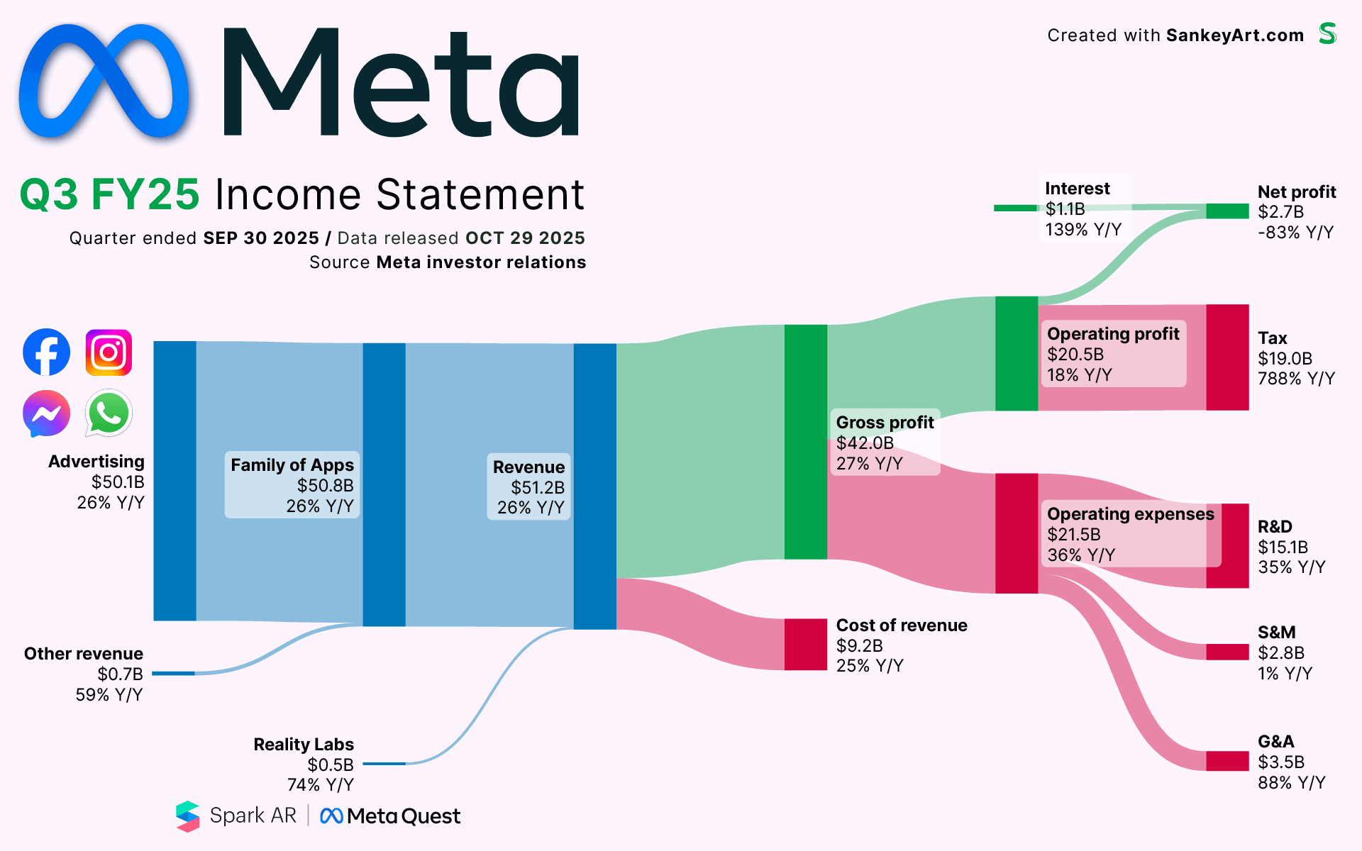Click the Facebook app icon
(x=46, y=352)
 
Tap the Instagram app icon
(x=109, y=352)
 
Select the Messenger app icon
(x=46, y=413)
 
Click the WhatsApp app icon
(x=109, y=413)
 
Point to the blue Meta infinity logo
(x=104, y=81)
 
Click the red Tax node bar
(x=1227, y=357)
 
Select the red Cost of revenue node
(x=806, y=645)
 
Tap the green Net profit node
(x=1227, y=211)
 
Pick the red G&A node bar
(x=1227, y=761)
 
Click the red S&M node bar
(x=1227, y=652)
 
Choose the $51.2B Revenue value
(x=538, y=487)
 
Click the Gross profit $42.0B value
(x=865, y=443)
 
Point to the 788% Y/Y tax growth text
(x=1296, y=379)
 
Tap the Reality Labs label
(x=304, y=744)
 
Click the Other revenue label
(x=84, y=653)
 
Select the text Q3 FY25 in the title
(x=110, y=194)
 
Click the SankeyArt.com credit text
(x=1235, y=35)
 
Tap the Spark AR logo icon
(x=188, y=816)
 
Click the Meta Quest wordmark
(x=390, y=816)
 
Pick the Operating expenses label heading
(x=1131, y=513)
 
